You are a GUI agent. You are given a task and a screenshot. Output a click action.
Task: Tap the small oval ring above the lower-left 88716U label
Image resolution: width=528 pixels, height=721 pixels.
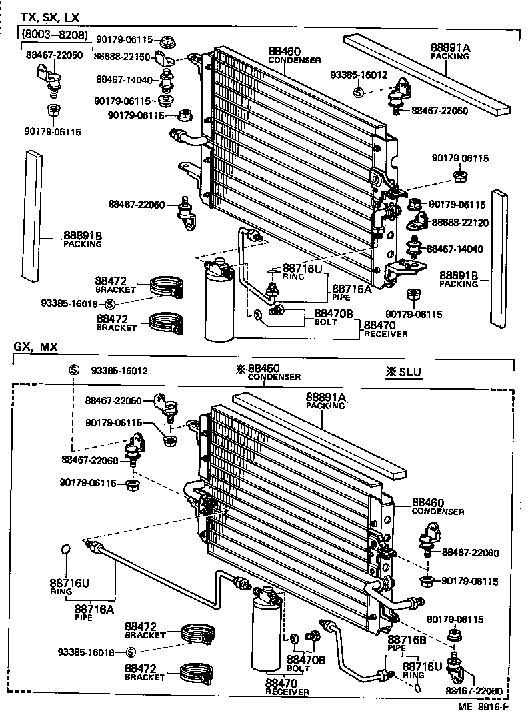(x=65, y=550)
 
